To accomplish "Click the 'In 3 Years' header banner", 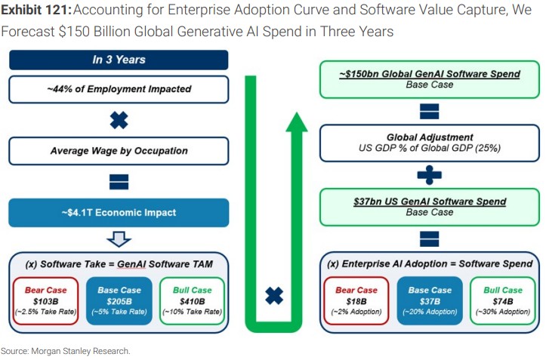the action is click(x=119, y=60).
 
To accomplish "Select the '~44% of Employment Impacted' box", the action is click(x=119, y=90).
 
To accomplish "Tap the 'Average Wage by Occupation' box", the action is click(x=119, y=151).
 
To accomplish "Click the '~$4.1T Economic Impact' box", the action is click(x=119, y=213).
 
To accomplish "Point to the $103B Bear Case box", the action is click(x=45, y=301).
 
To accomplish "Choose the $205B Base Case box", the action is click(x=119, y=301).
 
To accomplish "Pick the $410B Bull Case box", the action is click(x=193, y=301).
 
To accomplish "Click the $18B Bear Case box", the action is click(x=356, y=301).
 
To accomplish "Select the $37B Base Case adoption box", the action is click(x=430, y=301).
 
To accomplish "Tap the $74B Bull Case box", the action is click(x=503, y=301).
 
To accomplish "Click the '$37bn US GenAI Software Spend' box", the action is click(x=430, y=207).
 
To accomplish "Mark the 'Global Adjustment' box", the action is click(x=430, y=143).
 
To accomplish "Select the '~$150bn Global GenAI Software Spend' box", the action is click(x=430, y=79).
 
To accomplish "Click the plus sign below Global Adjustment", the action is click(x=430, y=175).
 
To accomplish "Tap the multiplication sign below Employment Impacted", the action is click(x=119, y=121).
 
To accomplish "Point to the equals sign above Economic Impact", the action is click(x=119, y=182).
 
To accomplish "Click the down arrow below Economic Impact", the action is click(x=119, y=239).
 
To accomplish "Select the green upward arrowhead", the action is click(x=297, y=122).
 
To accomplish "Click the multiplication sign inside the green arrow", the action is click(x=274, y=296).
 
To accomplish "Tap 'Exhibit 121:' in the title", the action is click(x=36, y=10).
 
